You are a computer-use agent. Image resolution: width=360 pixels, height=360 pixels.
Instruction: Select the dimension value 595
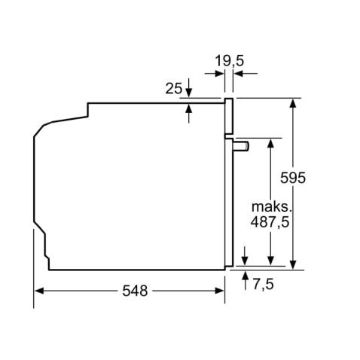(313, 178)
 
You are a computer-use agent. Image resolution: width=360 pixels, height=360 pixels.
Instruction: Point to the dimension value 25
(173, 88)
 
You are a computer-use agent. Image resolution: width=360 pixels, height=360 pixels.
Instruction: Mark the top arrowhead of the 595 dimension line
(292, 102)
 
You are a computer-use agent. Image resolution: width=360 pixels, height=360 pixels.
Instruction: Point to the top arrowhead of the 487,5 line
(269, 143)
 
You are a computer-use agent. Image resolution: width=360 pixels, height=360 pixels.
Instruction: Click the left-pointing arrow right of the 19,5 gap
(237, 73)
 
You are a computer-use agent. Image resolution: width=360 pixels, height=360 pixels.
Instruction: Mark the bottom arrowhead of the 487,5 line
(269, 261)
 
